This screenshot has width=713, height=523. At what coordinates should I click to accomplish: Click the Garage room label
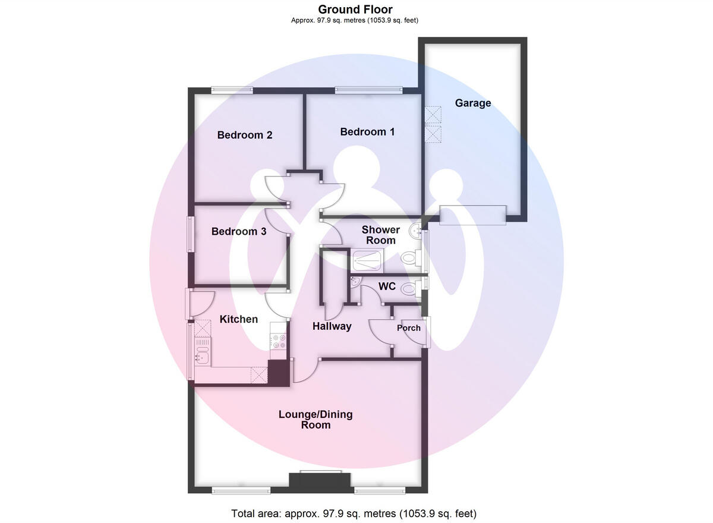point(473,103)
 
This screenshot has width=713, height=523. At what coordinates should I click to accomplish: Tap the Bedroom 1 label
point(367,131)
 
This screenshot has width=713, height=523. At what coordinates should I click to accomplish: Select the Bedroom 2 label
point(245,135)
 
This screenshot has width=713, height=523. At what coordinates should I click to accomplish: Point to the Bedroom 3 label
point(239,231)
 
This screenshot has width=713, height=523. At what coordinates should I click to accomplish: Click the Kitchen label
point(239,319)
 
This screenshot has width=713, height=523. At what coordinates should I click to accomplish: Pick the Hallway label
point(332,326)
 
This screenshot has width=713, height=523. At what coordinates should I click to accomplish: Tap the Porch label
point(409,327)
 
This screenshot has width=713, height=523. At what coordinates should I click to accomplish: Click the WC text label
point(387,286)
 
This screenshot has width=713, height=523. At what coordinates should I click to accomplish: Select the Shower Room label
point(381,235)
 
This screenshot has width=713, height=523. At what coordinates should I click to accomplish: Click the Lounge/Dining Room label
point(316,420)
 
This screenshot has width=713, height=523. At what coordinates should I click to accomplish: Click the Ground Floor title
point(355,9)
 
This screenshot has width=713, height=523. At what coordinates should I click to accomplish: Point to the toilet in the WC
point(409,289)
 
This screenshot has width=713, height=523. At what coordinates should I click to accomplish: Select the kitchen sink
point(202,358)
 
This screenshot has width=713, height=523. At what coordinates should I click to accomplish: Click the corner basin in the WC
point(356,282)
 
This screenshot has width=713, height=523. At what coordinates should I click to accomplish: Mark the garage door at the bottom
point(473,215)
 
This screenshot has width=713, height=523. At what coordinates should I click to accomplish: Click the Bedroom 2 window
point(232,90)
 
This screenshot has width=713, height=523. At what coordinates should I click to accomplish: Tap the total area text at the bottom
point(354,513)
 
